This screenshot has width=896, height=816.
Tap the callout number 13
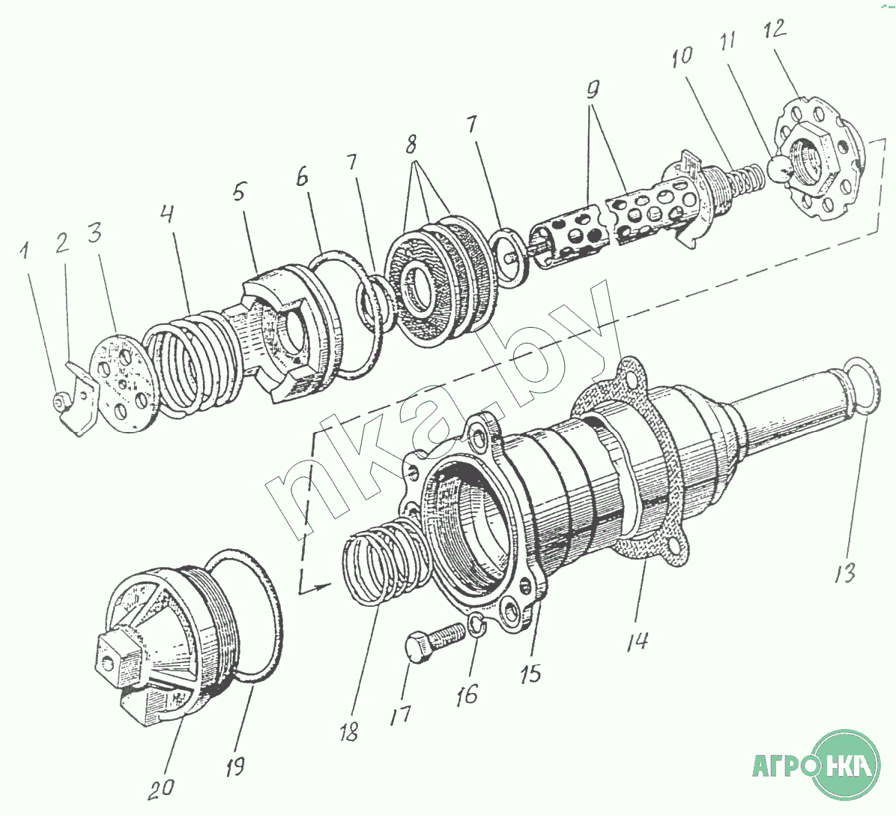[844, 574]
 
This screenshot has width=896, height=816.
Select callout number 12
[775, 31]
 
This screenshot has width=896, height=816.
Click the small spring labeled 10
[746, 181]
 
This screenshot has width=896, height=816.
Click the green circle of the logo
[847, 766]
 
